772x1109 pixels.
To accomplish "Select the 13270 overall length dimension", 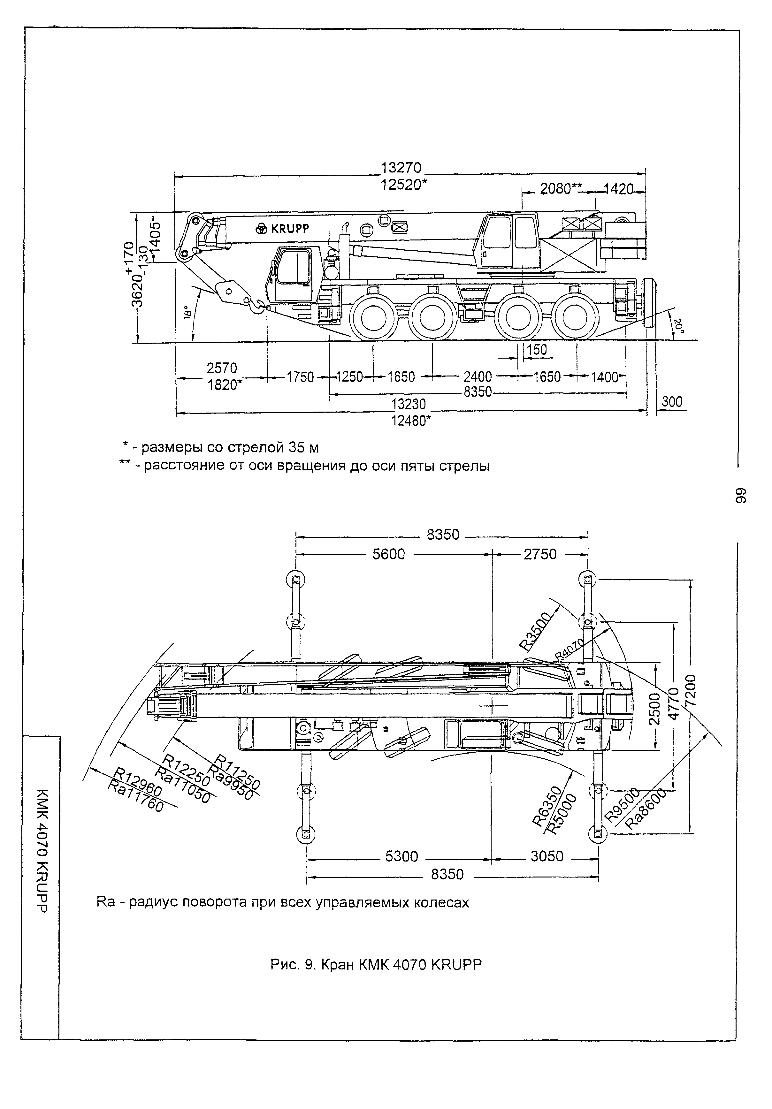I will tap(401, 168).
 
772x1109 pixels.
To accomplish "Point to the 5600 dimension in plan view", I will tap(388, 554).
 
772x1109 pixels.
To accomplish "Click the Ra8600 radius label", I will tap(646, 809).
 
